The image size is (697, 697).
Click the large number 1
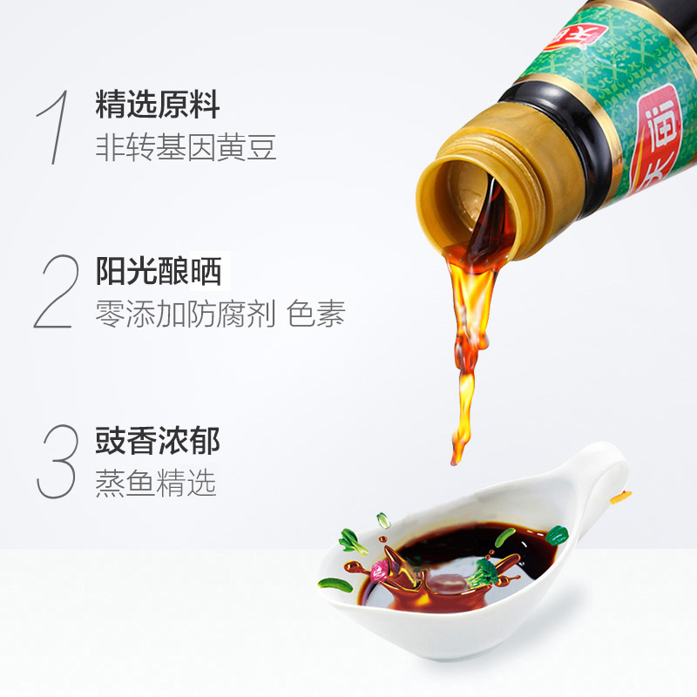[x=54, y=126]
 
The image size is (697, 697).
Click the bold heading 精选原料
[x=158, y=106]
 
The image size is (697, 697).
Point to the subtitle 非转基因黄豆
[x=186, y=147]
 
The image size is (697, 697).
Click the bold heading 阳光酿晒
[x=158, y=273]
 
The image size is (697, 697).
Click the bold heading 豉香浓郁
[x=158, y=441]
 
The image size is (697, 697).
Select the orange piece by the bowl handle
[x=619, y=497]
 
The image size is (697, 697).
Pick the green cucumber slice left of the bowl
[x=335, y=584]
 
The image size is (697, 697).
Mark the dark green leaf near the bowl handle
[x=557, y=534]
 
